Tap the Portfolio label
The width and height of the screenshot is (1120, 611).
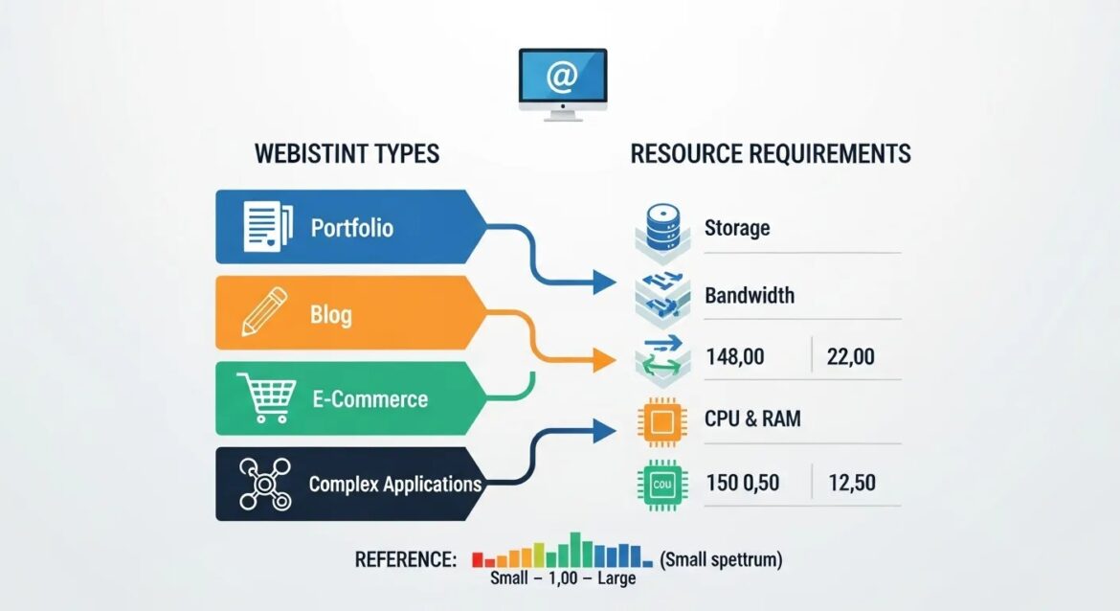click(351, 229)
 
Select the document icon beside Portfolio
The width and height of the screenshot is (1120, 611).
click(267, 226)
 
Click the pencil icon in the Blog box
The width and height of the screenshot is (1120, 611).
click(263, 312)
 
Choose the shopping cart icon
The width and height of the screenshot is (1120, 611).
click(268, 398)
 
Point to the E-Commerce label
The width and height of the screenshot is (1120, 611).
click(370, 398)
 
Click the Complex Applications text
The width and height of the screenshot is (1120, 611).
click(394, 484)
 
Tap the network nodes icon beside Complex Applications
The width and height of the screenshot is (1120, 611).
click(263, 484)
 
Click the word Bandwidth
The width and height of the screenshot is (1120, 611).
click(749, 295)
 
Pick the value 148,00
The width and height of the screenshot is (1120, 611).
click(734, 357)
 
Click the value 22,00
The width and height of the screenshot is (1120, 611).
click(850, 357)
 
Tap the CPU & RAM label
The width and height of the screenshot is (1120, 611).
click(752, 419)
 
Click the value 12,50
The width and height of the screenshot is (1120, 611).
click(851, 482)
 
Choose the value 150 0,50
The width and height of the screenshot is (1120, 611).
click(744, 482)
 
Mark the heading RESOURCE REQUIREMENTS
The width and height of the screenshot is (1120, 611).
click(771, 153)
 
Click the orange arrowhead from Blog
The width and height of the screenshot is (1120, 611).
click(604, 360)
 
